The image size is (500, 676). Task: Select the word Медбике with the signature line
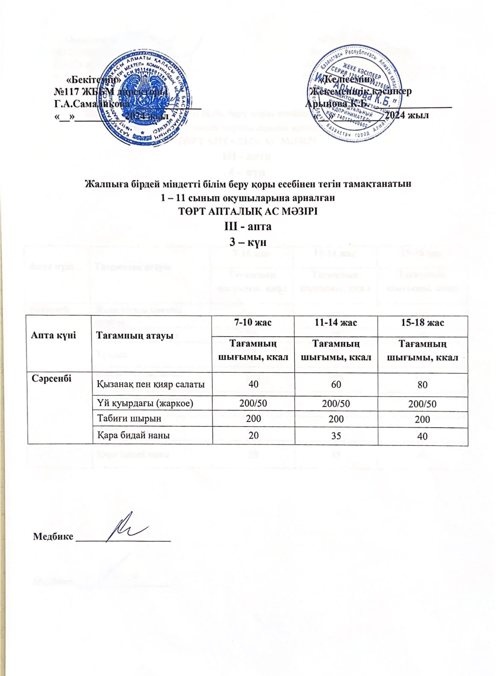click(x=53, y=536)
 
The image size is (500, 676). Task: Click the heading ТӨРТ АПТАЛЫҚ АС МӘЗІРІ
click(x=249, y=212)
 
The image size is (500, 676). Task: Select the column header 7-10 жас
click(x=253, y=322)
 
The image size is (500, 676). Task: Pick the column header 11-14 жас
click(x=337, y=322)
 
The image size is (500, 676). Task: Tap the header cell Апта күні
click(x=53, y=336)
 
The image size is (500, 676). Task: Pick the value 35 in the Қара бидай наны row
click(x=337, y=435)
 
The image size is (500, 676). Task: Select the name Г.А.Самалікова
click(x=90, y=103)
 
